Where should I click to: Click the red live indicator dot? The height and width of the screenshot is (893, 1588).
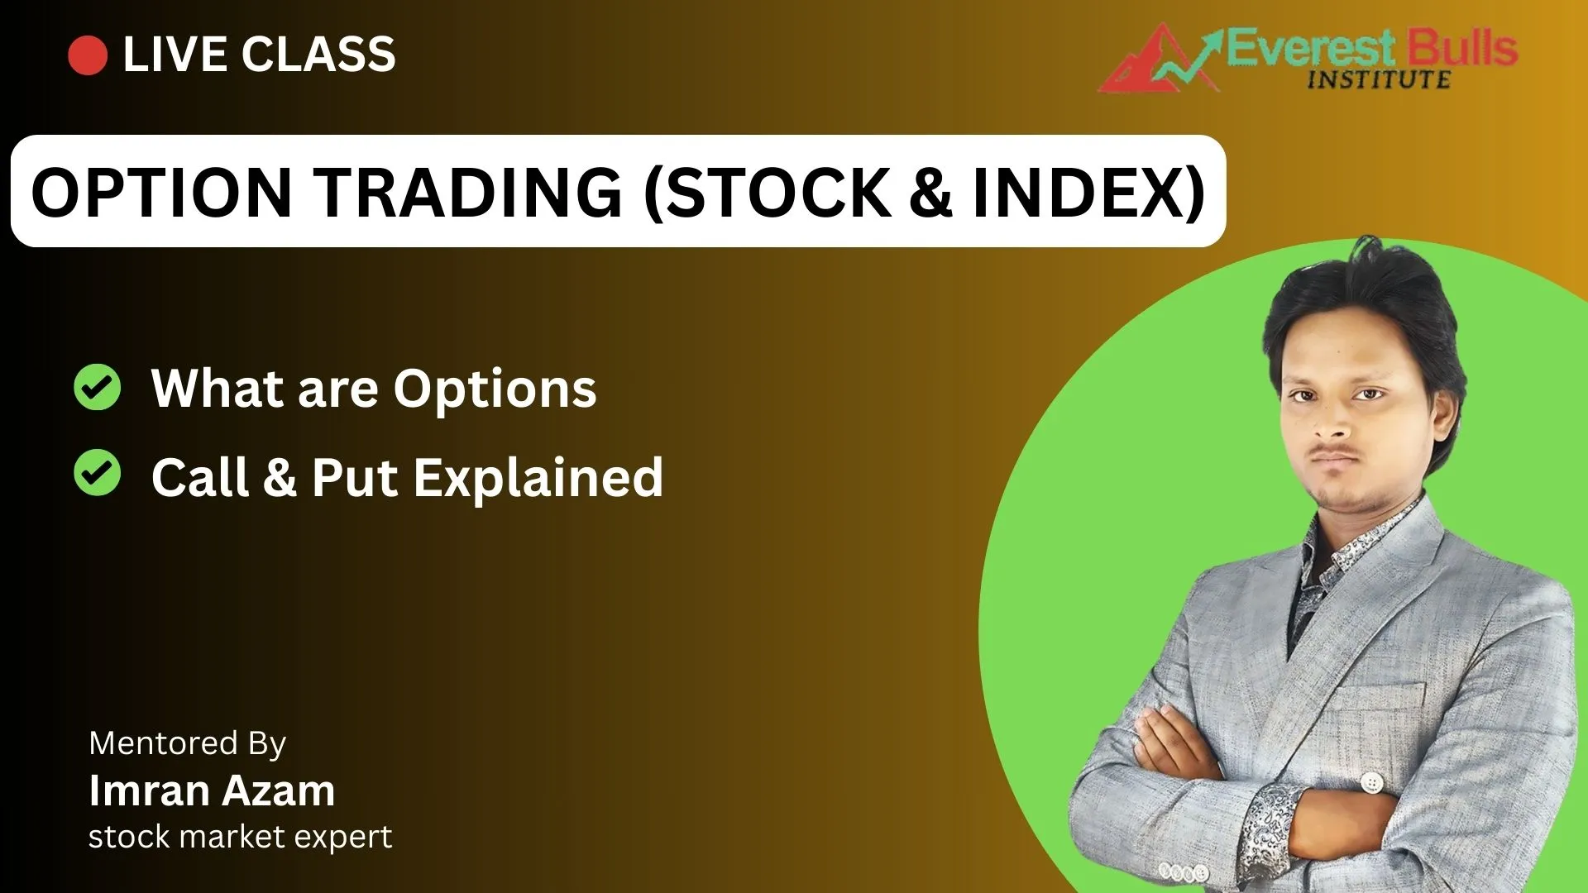click(x=88, y=55)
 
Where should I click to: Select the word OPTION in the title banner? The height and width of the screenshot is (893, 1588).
click(x=161, y=193)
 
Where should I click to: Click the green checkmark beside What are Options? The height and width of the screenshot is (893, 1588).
click(x=98, y=387)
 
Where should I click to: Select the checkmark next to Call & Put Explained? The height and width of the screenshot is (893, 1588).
click(x=98, y=473)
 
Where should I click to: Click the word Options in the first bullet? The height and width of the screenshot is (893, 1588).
click(x=495, y=389)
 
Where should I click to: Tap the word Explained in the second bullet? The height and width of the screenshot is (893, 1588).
click(x=538, y=479)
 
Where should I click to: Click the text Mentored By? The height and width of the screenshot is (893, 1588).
click(x=188, y=744)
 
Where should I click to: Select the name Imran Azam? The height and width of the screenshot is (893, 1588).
click(x=212, y=790)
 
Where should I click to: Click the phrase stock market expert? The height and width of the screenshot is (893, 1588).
click(x=240, y=837)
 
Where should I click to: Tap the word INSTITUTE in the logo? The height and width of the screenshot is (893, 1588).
click(x=1379, y=79)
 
